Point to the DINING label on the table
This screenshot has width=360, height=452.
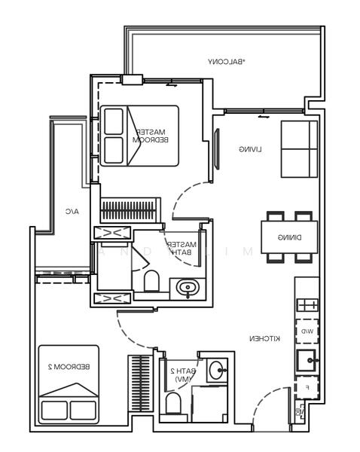288,238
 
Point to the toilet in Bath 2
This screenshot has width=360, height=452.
173,407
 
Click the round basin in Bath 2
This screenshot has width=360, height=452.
216,371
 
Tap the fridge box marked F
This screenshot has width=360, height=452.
307,388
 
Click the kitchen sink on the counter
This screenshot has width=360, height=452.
307,359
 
